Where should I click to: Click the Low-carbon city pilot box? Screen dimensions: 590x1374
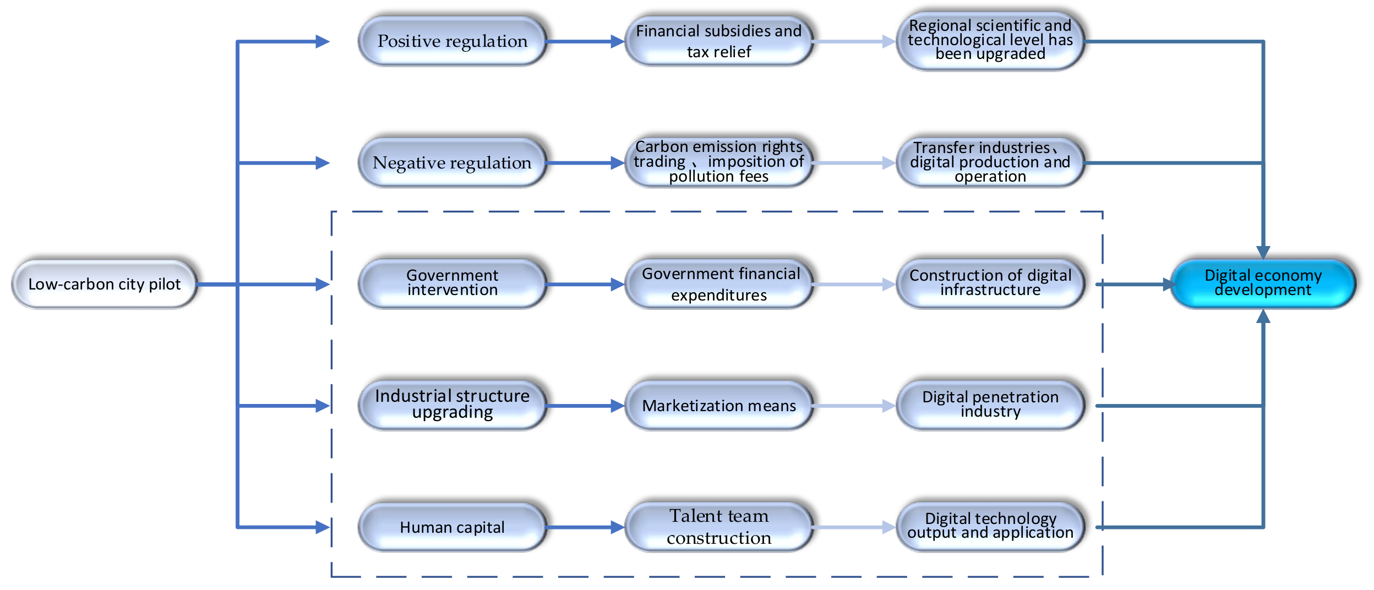104,284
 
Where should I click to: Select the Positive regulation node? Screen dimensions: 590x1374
452,41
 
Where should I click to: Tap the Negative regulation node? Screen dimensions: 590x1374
452,163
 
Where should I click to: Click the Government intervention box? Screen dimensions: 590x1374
452,283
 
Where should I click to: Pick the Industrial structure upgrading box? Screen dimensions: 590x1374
452,405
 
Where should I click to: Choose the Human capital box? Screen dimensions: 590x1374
452,527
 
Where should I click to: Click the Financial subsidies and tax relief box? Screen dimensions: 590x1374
718,41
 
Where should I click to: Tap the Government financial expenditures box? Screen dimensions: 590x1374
718,284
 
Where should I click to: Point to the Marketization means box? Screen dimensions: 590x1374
718,406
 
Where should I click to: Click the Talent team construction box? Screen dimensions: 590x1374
718,527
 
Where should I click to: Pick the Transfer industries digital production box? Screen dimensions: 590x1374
990,163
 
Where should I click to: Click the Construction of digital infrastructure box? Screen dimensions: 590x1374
990,283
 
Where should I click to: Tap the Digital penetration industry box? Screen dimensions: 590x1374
990,405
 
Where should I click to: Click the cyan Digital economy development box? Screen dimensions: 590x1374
1262,283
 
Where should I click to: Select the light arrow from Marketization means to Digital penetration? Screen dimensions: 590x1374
853,406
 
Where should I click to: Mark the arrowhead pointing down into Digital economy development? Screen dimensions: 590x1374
1263,252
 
